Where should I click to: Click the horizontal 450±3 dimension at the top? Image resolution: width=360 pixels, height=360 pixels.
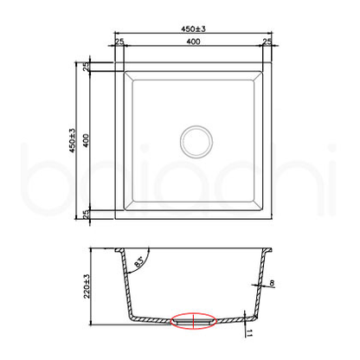(192, 29)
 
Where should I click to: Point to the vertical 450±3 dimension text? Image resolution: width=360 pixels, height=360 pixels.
(75, 142)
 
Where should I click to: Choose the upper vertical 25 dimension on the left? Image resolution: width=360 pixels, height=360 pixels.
(87, 67)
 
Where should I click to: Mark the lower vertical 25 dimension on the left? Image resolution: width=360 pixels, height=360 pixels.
(87, 214)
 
